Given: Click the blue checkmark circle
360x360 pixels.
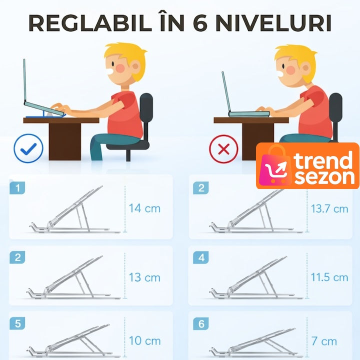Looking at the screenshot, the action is point(28,148).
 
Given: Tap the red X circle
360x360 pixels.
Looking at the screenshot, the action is point(223,149).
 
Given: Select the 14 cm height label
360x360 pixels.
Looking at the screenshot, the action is point(144,208).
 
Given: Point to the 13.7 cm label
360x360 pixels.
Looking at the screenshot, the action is point(329,208).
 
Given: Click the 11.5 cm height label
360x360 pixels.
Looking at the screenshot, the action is point(329,277).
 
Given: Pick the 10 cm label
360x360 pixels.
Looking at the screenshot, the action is point(144,340).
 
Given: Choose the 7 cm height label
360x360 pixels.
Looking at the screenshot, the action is point(324,341).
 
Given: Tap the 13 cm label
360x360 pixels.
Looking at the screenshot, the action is point(144,277).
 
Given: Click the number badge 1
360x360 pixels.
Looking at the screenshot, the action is point(17,188).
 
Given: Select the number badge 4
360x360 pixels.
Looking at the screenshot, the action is point(201,257).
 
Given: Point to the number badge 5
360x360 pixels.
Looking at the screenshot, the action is point(17,323).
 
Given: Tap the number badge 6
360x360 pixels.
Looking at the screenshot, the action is point(201,323).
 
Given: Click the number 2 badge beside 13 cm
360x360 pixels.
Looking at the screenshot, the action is point(17,257).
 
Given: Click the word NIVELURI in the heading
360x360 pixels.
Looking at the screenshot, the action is point(273,23).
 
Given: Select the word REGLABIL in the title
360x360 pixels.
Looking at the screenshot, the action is point(90,23).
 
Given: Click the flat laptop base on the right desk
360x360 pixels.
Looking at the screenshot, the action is point(249,114).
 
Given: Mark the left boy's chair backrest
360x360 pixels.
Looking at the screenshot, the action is point(146,108).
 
